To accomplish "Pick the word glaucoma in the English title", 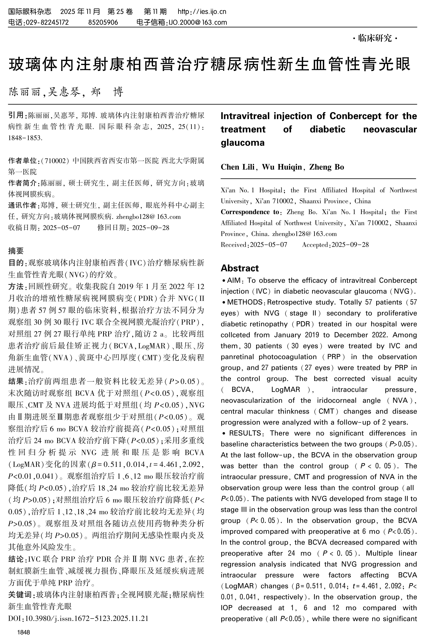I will click(x=242, y=143).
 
